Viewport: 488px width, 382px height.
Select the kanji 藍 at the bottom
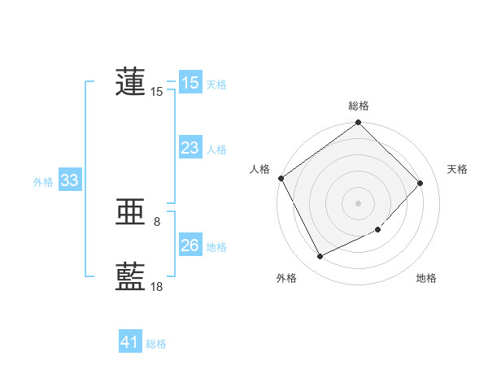[131, 276]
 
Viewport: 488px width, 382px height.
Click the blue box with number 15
[190, 83]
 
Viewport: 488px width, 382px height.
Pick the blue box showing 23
[190, 148]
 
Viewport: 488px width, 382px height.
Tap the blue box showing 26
[190, 245]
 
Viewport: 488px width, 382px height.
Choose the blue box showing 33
[69, 180]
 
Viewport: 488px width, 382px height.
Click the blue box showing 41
[129, 342]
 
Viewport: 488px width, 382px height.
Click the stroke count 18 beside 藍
[157, 286]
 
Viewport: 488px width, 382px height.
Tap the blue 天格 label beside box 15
[216, 84]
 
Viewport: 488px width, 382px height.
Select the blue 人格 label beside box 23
[216, 149]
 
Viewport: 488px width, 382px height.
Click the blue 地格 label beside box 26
[216, 246]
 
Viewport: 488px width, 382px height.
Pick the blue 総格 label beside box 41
[156, 344]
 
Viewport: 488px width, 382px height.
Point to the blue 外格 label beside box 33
[43, 182]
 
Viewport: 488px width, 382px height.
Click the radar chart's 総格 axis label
[359, 106]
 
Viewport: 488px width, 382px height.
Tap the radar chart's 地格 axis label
[426, 278]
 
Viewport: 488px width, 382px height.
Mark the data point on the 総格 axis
[359, 123]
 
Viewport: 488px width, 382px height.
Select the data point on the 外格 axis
[320, 257]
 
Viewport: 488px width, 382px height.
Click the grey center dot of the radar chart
[359, 202]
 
